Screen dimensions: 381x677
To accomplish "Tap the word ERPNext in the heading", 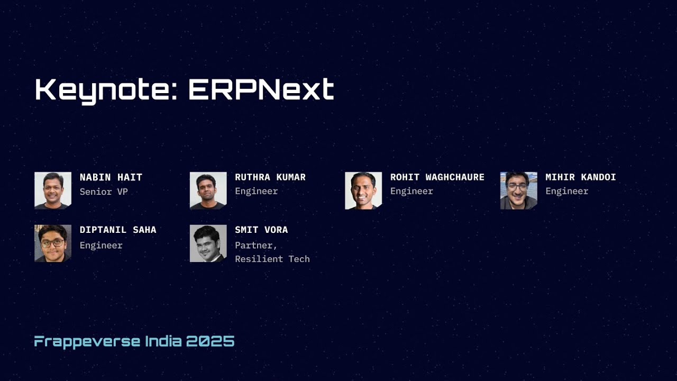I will (x=261, y=89).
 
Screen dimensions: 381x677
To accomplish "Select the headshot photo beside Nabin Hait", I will (x=53, y=190).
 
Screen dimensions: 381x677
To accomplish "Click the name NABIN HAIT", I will (x=111, y=177).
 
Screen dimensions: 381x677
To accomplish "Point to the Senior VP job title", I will (x=104, y=192).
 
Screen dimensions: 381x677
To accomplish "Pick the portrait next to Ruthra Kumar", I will (x=208, y=190).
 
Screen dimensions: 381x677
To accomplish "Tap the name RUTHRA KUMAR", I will (x=270, y=177).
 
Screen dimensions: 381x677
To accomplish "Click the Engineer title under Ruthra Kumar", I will (x=257, y=192).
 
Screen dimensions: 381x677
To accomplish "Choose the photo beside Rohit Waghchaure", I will (x=363, y=190).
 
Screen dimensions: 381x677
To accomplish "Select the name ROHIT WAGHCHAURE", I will (x=437, y=177).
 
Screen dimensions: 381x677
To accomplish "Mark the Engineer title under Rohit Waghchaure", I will (x=411, y=192).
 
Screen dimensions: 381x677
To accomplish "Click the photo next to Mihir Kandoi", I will (x=518, y=190).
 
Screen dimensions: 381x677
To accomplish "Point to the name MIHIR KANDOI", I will (x=581, y=177).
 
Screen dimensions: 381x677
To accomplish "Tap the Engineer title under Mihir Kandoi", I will (x=567, y=192).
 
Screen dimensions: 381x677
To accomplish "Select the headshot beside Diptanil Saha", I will (x=53, y=243).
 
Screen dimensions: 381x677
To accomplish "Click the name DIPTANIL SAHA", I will (x=118, y=230).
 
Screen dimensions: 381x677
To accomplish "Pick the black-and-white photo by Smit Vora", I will (x=208, y=243).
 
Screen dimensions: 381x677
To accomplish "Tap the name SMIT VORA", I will (x=261, y=230).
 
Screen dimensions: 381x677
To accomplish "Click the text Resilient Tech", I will (x=272, y=259).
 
